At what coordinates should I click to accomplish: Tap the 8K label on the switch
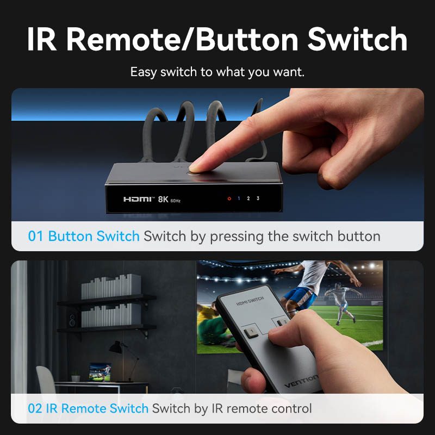pyautogui.click(x=163, y=199)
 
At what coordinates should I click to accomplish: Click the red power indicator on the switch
pyautogui.click(x=229, y=198)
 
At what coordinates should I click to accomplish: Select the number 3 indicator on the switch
pyautogui.click(x=258, y=198)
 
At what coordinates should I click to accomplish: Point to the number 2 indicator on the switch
pyautogui.click(x=248, y=198)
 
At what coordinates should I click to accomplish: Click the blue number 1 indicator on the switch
pyautogui.click(x=239, y=198)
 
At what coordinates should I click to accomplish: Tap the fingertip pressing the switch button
pyautogui.click(x=196, y=167)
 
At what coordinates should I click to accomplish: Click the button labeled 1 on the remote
pyautogui.click(x=252, y=332)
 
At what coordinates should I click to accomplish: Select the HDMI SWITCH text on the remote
pyautogui.click(x=250, y=301)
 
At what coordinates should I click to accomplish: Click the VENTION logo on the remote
pyautogui.click(x=302, y=381)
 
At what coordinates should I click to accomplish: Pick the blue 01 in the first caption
pyautogui.click(x=35, y=237)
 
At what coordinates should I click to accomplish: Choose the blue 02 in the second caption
pyautogui.click(x=35, y=409)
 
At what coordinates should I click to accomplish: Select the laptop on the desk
pyautogui.click(x=100, y=372)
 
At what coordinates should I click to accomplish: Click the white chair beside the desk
pyautogui.click(x=47, y=380)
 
